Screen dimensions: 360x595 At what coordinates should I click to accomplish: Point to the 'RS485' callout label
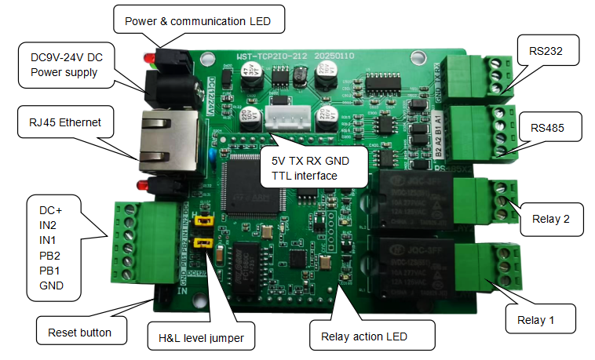550,127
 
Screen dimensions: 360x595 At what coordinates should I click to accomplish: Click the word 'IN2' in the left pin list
52,224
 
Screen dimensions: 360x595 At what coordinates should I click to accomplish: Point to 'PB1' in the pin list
51,271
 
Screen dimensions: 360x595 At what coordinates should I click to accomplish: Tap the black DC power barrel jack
166,86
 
